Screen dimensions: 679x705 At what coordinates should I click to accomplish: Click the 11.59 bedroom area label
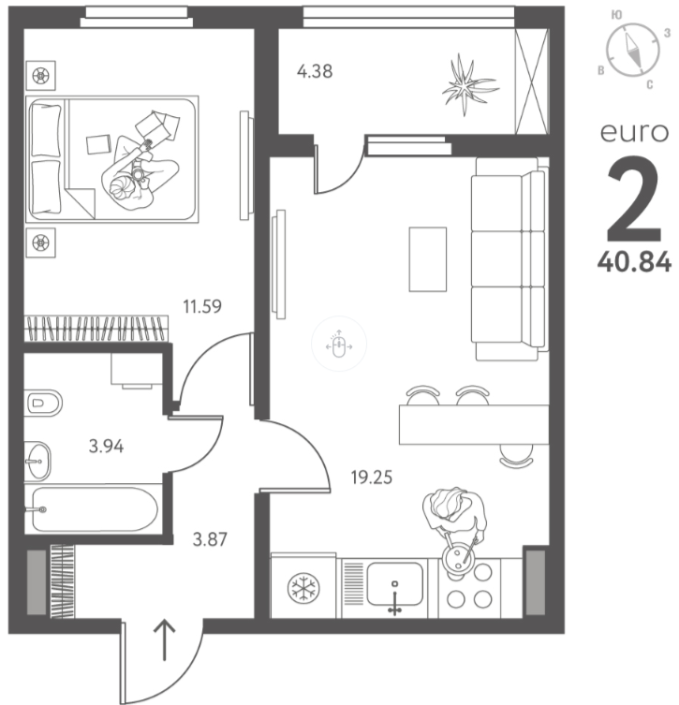[202, 306]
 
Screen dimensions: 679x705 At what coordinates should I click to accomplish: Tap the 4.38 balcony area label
[315, 71]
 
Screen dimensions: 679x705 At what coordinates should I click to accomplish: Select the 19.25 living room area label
[372, 477]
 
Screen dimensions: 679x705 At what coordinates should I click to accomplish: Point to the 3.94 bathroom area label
[106, 446]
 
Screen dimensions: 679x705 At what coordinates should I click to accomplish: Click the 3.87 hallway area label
[210, 539]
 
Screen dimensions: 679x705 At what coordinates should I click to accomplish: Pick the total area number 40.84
[634, 261]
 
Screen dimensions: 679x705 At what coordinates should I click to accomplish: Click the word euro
[634, 132]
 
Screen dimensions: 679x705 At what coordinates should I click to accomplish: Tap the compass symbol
[633, 50]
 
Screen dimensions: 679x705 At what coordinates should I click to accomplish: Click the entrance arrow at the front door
[164, 639]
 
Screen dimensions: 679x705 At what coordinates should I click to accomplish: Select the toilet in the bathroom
[44, 403]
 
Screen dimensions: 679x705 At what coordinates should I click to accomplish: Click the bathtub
[95, 509]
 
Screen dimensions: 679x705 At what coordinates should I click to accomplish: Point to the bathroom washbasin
[37, 461]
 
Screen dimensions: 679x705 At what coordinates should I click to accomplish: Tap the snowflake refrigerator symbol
[303, 588]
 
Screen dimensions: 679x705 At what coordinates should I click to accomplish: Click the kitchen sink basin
[395, 583]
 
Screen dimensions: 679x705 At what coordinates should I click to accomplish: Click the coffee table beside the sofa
[428, 259]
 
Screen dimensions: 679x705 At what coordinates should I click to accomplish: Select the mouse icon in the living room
[339, 345]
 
